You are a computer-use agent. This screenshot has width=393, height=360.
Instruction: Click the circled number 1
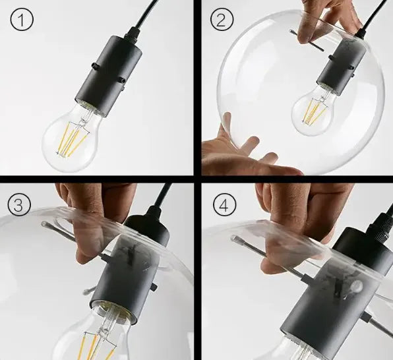[x=22, y=20]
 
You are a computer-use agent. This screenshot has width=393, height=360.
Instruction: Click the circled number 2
[x=222, y=20]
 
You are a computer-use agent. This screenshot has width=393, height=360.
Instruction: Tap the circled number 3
[x=19, y=204]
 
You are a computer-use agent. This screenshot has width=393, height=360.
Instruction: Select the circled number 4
[x=225, y=206]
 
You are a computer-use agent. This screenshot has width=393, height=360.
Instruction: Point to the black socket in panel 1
[x=109, y=75]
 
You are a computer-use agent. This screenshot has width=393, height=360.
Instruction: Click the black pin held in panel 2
[x=307, y=40]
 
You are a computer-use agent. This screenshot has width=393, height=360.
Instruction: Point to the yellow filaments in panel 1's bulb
[x=73, y=140]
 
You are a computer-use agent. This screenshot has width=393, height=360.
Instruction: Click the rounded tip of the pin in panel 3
[x=44, y=224]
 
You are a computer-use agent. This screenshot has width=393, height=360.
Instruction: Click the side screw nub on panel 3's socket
[x=155, y=285]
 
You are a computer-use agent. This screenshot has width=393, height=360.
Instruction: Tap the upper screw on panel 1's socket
[x=95, y=66]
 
